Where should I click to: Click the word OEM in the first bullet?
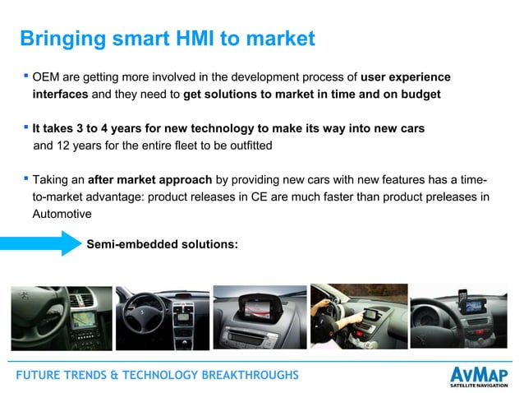click(47, 78)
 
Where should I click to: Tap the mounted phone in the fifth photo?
click(463, 296)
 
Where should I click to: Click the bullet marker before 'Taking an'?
click(25, 177)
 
